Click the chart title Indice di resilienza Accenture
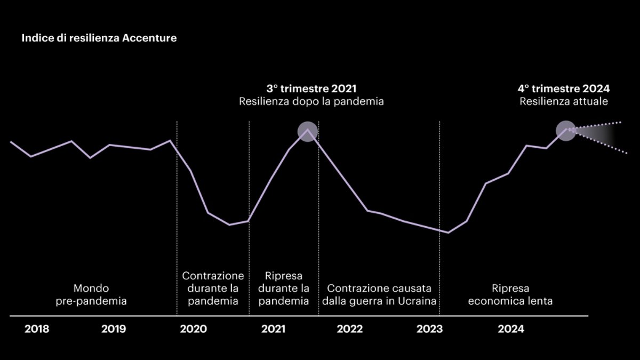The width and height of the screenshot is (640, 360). click(x=99, y=39)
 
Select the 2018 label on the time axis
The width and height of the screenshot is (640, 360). click(x=37, y=329)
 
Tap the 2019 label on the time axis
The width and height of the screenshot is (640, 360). click(x=114, y=329)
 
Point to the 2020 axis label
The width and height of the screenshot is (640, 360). click(x=193, y=329)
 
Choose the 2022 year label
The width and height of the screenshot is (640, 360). click(x=350, y=329)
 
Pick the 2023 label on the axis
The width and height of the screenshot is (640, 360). click(x=429, y=329)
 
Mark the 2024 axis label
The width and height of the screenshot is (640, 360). click(x=511, y=329)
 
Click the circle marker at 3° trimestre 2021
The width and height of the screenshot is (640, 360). click(x=307, y=131)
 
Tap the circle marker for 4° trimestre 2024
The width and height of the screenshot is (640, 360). click(x=566, y=130)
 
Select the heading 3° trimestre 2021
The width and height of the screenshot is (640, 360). click(x=311, y=89)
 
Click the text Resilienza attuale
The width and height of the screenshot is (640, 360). click(x=564, y=101)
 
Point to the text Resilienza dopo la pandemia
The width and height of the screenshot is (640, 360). click(x=311, y=101)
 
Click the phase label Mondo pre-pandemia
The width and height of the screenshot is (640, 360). click(x=92, y=295)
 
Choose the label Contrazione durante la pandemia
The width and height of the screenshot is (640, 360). click(x=213, y=289)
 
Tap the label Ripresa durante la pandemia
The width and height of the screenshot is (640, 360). click(x=284, y=289)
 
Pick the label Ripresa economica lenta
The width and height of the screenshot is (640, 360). click(x=510, y=295)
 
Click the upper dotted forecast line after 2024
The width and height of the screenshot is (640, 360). click(x=603, y=125)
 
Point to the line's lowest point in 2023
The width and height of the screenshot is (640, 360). click(x=448, y=233)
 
